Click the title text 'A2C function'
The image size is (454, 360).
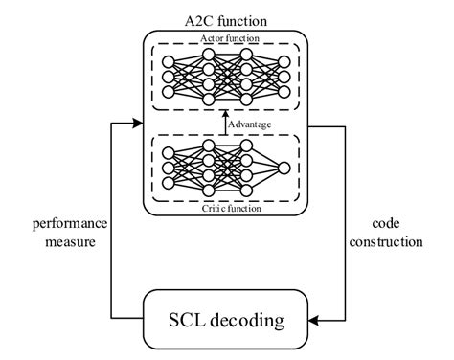pyautogui.click(x=227, y=20)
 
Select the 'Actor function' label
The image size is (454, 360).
pyautogui.click(x=227, y=38)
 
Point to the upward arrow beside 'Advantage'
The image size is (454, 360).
pyautogui.click(x=226, y=123)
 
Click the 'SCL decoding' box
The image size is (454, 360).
pyautogui.click(x=227, y=318)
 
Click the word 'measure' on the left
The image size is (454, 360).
pyautogui.click(x=68, y=242)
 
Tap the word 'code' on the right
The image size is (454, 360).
pyautogui.click(x=387, y=225)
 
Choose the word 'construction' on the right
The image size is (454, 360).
pyautogui.click(x=387, y=242)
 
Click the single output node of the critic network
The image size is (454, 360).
pyautogui.click(x=284, y=168)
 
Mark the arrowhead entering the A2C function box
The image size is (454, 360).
pyautogui.click(x=137, y=123)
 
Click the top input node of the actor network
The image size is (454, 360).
pyautogui.click(x=170, y=60)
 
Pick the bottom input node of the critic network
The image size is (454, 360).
pyautogui.click(x=170, y=184)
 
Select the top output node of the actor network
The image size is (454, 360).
pyautogui.click(x=284, y=60)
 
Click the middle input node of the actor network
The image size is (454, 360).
pyautogui.click(x=170, y=76)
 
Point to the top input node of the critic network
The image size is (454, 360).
pyautogui.click(x=170, y=153)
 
